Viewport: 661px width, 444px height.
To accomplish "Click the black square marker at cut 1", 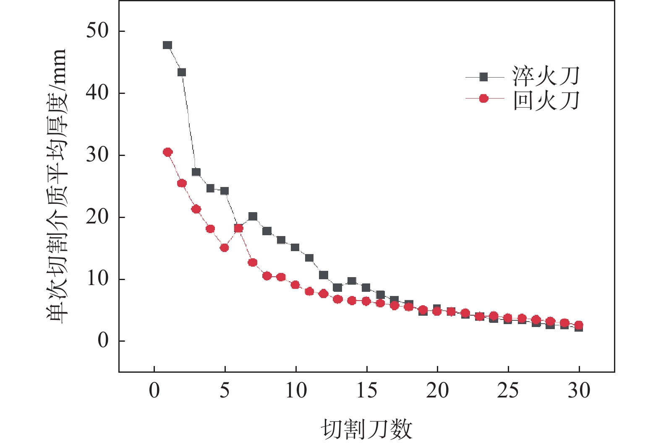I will [167, 45].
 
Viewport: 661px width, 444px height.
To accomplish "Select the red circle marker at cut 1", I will [168, 152].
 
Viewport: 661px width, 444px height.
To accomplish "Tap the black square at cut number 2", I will [182, 72].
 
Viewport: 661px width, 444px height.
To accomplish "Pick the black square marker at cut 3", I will [196, 172].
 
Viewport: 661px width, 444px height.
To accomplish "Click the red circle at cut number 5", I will [224, 248].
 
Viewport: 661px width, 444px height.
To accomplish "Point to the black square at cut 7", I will [253, 216].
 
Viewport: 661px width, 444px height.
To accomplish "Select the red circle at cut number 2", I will [182, 183].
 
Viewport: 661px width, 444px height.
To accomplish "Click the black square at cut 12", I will [324, 275].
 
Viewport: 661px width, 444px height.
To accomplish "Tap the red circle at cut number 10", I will [295, 285].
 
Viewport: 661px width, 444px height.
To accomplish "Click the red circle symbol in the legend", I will [484, 99].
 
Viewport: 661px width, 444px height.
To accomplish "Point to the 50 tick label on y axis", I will [97, 31].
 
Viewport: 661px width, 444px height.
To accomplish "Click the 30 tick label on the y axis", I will [97, 155].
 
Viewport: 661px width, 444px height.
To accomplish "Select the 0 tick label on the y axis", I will [103, 341].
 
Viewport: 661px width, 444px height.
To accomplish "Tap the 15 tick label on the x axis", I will [367, 391].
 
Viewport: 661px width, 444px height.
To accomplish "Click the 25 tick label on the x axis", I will [508, 391].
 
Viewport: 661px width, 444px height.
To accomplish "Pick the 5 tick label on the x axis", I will [225, 391].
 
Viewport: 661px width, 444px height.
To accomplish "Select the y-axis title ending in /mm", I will [56, 186].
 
